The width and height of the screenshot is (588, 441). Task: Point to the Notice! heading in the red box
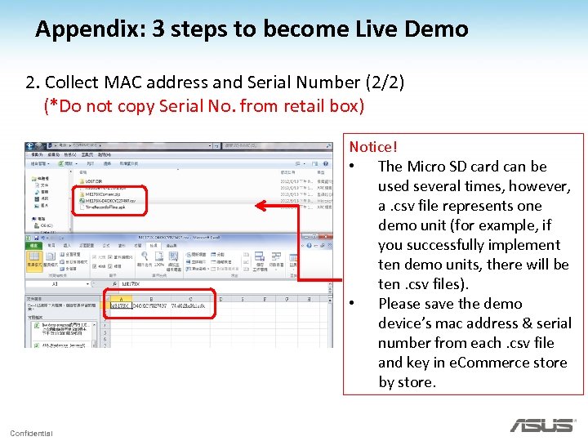click(x=373, y=147)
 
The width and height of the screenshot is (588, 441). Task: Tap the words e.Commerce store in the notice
click(x=497, y=363)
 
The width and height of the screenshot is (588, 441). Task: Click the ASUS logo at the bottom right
click(x=541, y=425)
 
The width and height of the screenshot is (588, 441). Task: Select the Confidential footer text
click(x=31, y=433)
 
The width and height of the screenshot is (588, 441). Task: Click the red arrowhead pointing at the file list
click(x=260, y=207)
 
